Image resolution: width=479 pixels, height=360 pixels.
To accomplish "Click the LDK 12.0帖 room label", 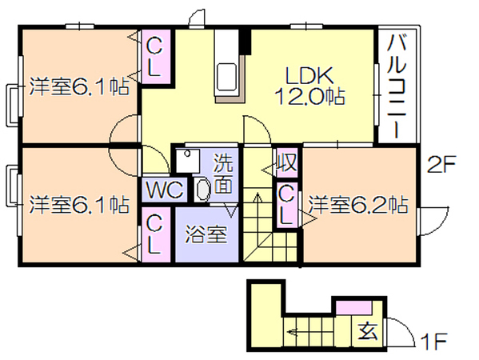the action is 309,86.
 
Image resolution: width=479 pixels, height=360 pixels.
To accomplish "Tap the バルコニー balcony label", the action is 397,86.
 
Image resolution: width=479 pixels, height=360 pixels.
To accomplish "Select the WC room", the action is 165,190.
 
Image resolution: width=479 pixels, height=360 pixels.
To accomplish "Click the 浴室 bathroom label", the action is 206,234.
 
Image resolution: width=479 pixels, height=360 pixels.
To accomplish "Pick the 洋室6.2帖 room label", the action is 357,205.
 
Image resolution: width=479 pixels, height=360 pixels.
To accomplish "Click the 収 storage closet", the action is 286,162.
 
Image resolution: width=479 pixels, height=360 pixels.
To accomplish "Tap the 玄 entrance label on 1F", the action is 368,331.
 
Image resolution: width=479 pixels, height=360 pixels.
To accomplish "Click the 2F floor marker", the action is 441,165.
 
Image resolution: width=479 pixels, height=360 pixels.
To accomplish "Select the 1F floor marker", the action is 433,342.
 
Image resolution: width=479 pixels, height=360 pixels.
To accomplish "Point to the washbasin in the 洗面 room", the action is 202,190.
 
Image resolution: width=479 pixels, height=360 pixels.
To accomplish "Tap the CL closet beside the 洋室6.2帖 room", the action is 286,205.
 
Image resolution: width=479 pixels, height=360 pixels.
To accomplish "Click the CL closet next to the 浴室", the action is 156,234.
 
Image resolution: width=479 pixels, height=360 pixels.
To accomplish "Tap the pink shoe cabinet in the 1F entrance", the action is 354,307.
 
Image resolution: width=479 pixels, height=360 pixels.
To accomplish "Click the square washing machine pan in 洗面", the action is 188,160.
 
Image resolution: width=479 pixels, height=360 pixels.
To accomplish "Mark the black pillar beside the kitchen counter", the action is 245,42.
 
